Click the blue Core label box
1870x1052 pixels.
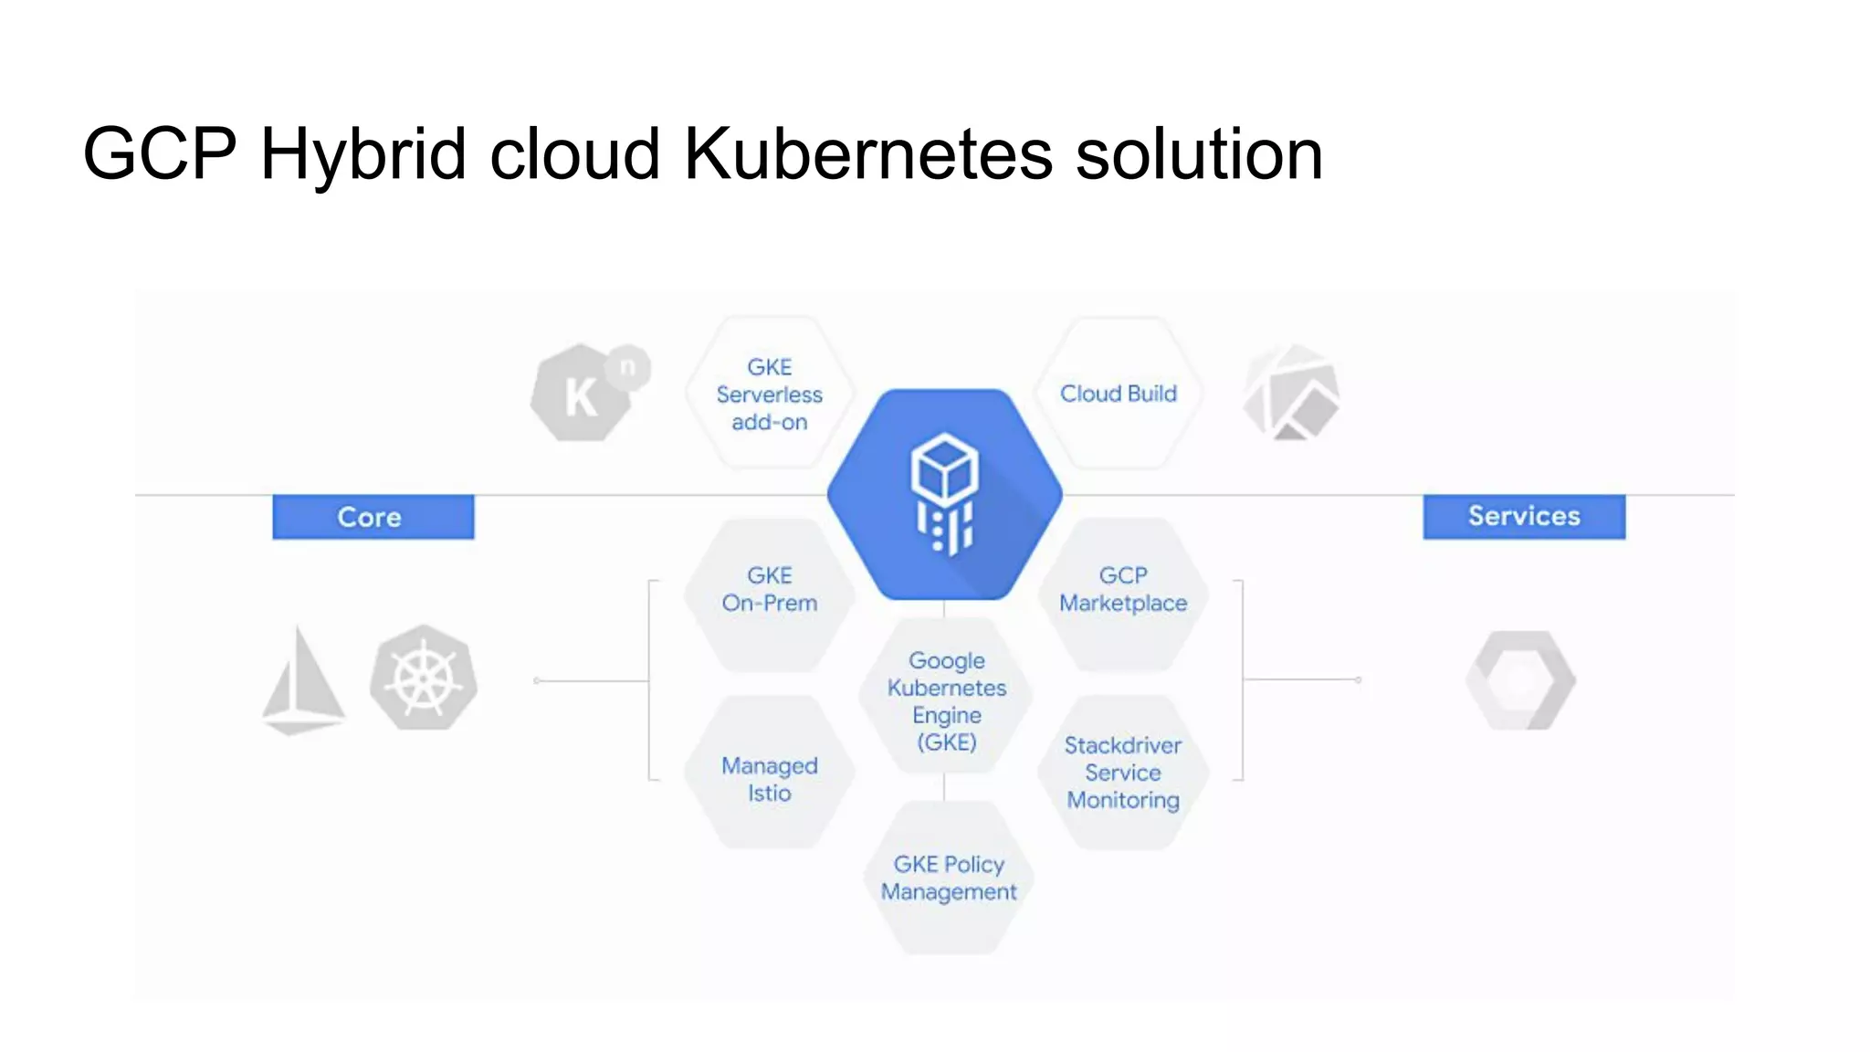pos(373,517)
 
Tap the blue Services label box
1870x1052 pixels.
pos(1524,517)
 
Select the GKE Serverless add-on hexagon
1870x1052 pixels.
pos(770,394)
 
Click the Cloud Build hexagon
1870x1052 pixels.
pos(1119,394)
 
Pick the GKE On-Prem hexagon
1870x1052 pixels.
pos(770,594)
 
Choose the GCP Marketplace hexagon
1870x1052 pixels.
pos(1123,594)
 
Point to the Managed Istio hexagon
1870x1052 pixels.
pos(770,774)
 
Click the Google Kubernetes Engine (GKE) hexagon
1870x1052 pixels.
pos(947,700)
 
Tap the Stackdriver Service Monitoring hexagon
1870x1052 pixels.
pos(1123,773)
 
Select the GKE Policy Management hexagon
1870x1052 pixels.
pos(949,878)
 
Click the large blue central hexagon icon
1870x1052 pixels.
pos(945,494)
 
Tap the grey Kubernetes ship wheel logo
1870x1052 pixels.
pos(424,678)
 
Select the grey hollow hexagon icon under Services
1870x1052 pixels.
pos(1521,680)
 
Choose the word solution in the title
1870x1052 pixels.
pos(1199,153)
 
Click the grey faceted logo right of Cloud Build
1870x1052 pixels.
pos(1291,393)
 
